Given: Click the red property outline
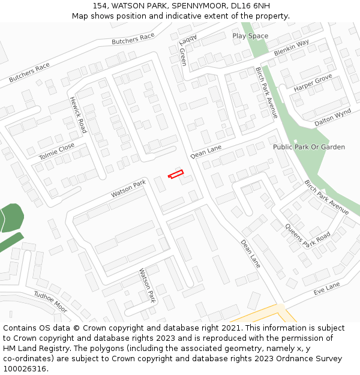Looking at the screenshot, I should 175,174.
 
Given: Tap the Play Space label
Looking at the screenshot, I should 250,36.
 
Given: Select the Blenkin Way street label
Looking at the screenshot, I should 291,48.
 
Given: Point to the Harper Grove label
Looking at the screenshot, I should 313,83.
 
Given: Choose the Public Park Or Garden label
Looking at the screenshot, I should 309,147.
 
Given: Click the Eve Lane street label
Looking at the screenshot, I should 326,288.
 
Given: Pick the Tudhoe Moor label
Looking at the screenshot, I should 50,302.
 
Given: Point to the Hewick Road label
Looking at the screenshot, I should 78,115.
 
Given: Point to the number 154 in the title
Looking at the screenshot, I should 100,6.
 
